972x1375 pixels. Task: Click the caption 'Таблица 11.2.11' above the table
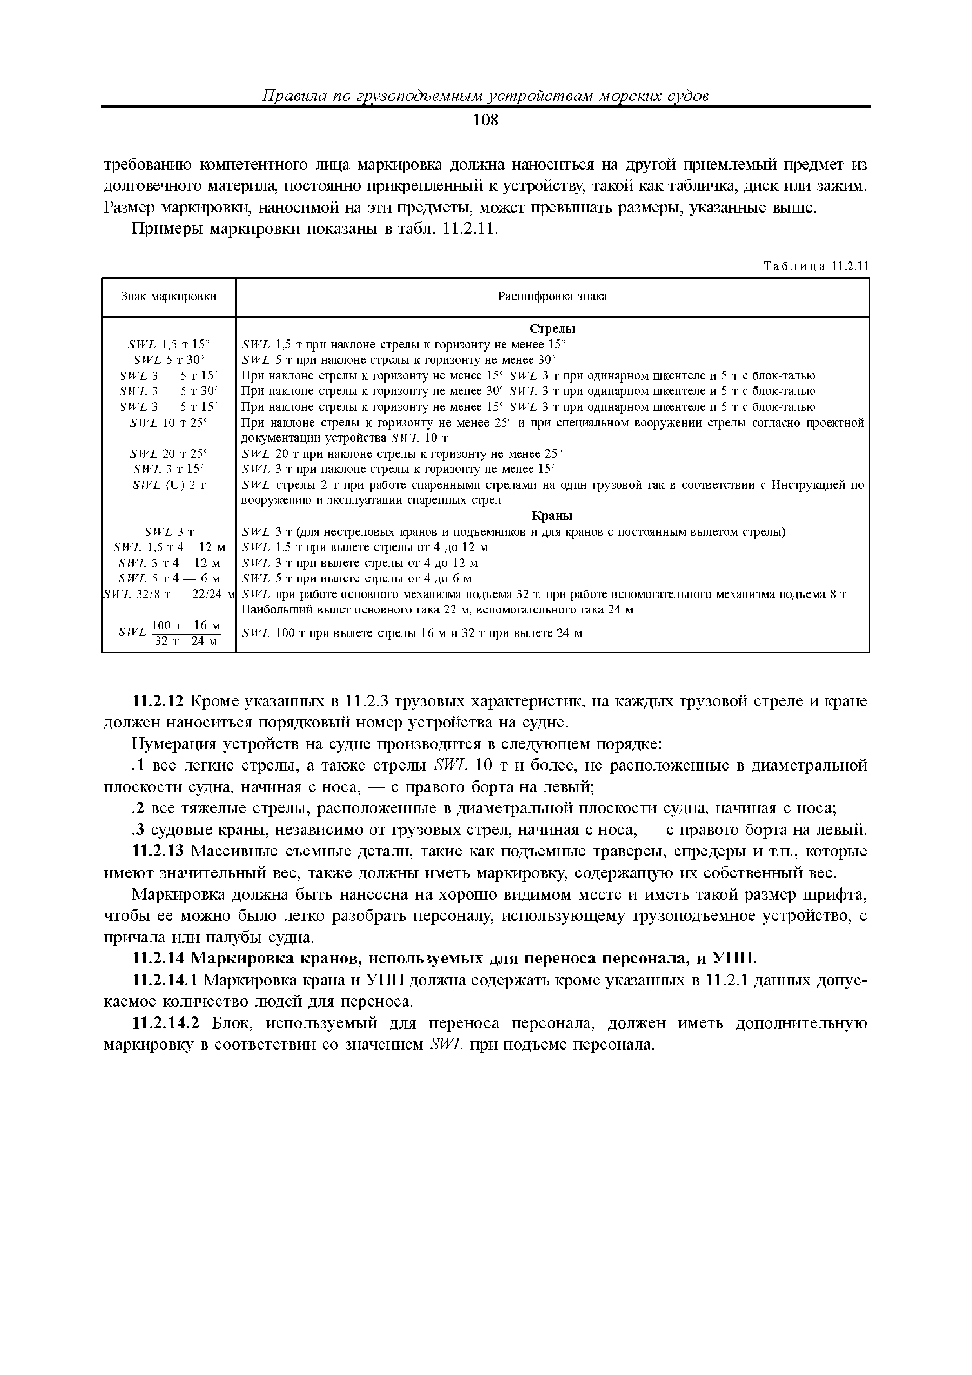coord(816,267)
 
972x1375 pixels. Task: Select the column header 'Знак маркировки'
coord(169,296)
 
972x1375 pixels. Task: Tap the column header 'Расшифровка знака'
coord(552,296)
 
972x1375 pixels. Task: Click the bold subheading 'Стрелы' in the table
coord(552,329)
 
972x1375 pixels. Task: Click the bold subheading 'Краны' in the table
coord(552,516)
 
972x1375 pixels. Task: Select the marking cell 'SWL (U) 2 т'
coord(169,484)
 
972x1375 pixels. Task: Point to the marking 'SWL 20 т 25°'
coord(169,453)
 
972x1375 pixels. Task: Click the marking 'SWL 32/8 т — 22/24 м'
coord(169,594)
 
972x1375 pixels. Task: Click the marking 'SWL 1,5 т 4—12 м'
coord(169,547)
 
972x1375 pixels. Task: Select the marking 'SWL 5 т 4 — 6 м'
coord(169,579)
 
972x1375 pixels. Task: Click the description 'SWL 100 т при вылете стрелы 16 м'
coord(412,633)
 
